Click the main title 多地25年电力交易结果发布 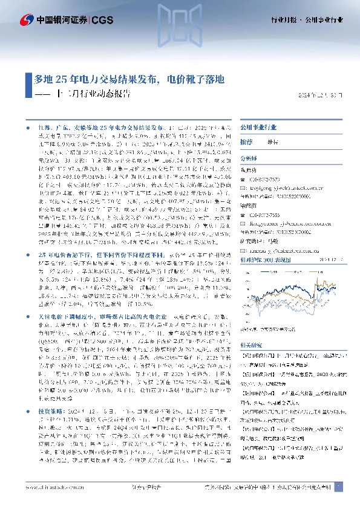click(96, 79)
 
